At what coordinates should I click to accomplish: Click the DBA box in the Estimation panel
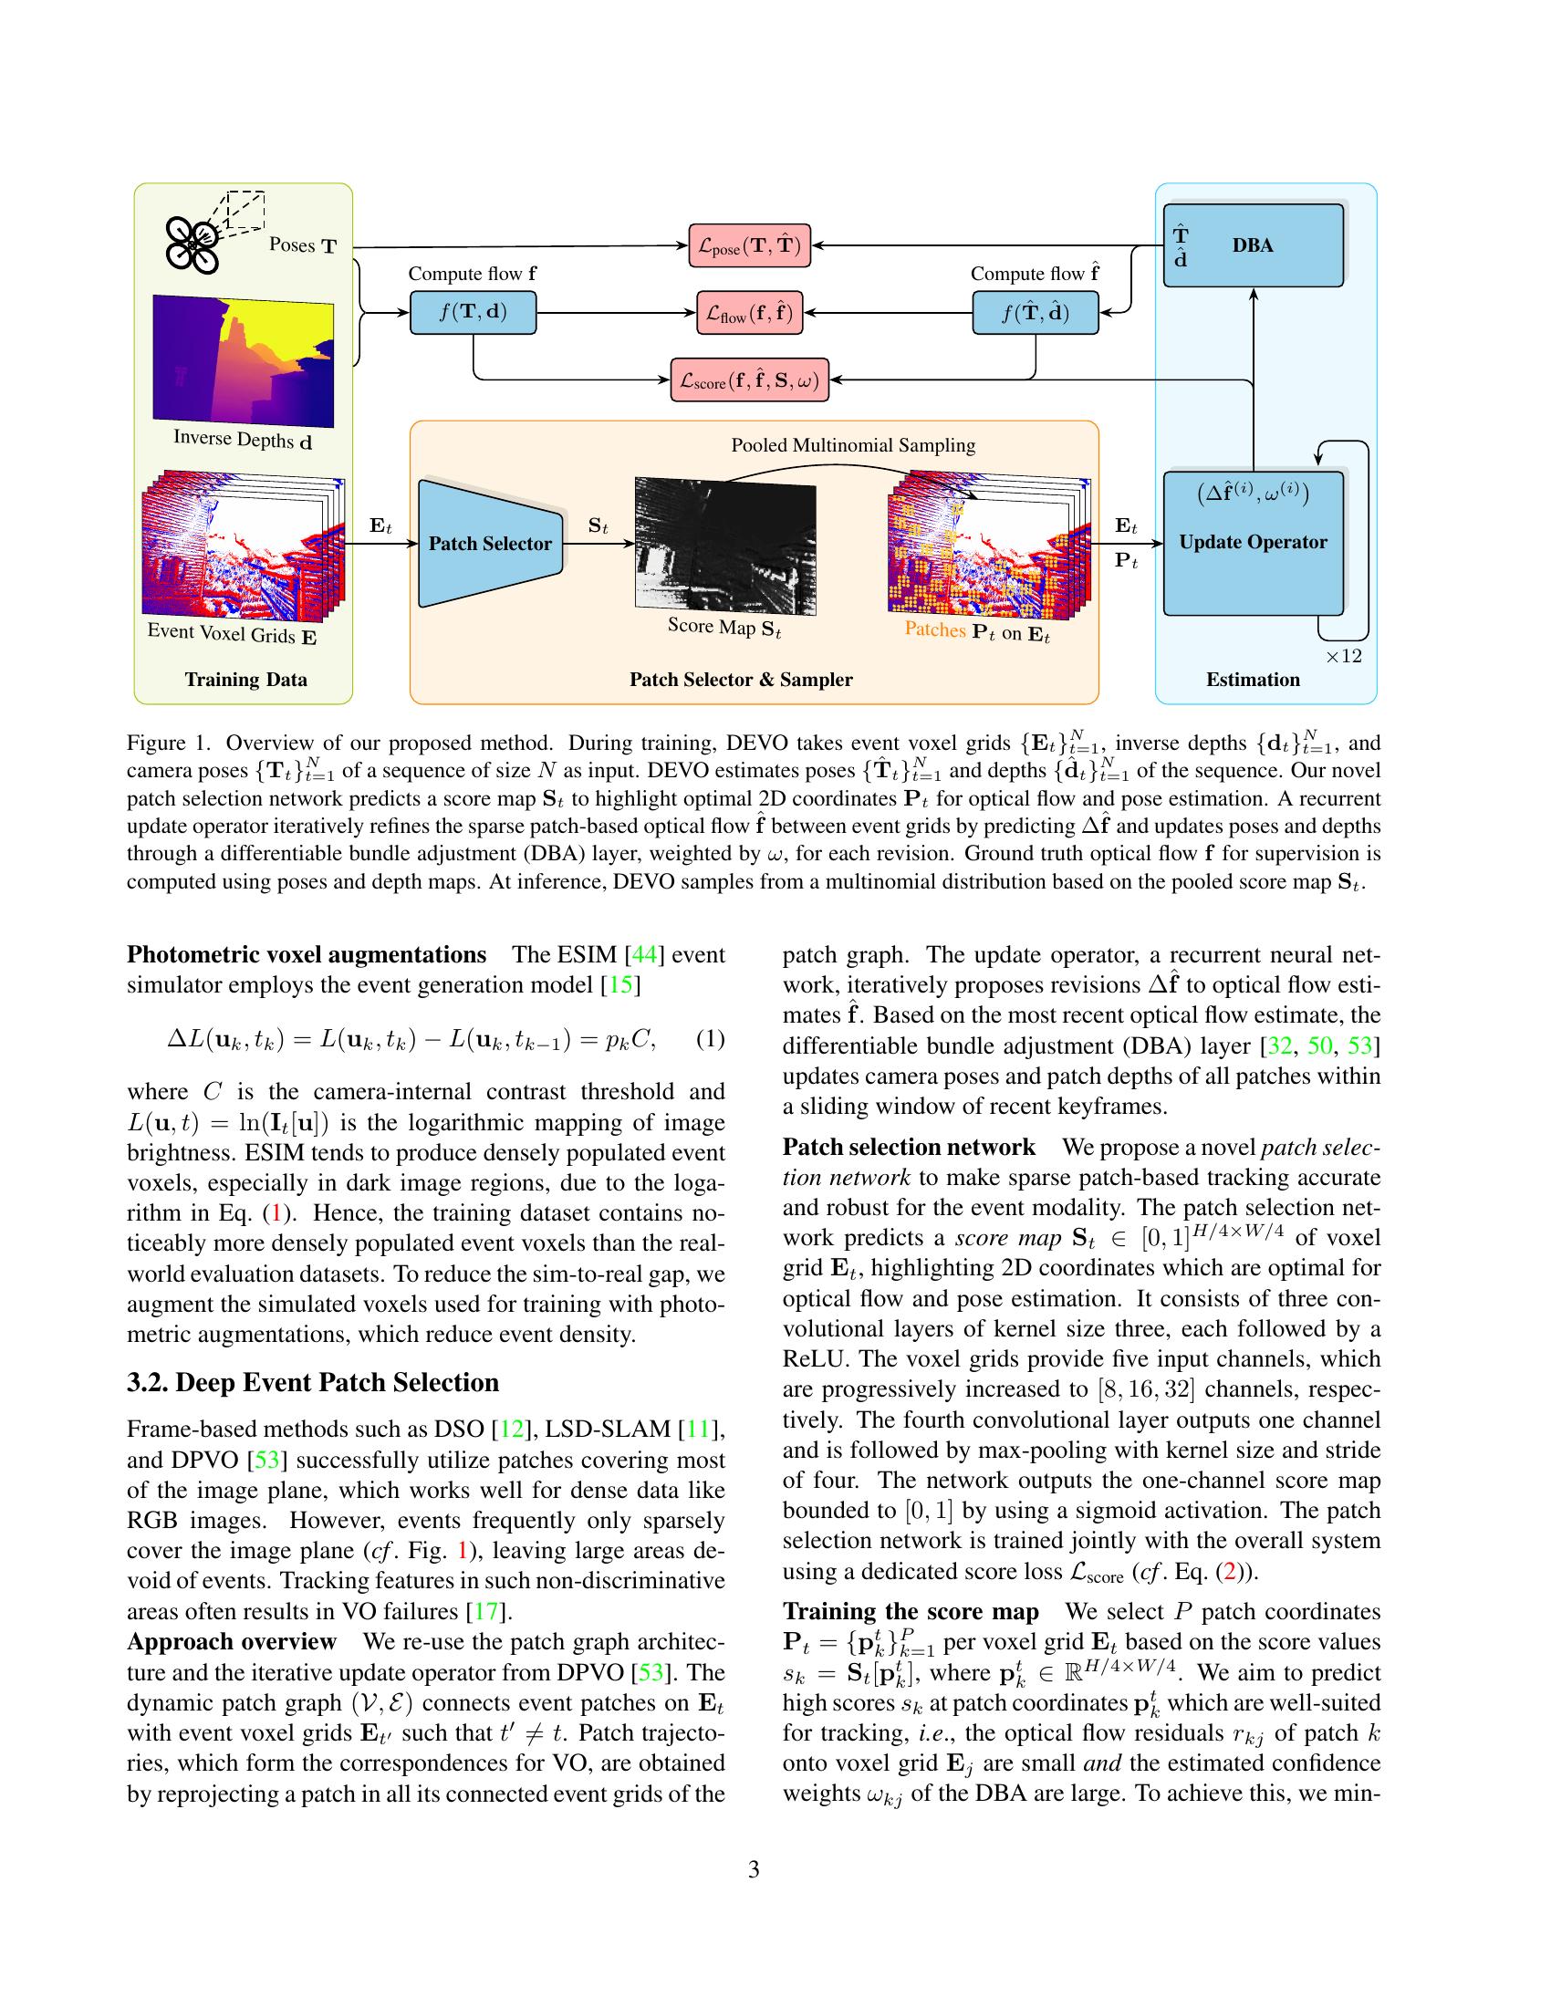click(x=1254, y=245)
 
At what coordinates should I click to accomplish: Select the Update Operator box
click(x=1254, y=542)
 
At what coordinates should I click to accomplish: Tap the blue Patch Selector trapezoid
click(x=491, y=543)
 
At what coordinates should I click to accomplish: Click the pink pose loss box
click(x=750, y=245)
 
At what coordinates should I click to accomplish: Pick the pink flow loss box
click(x=750, y=313)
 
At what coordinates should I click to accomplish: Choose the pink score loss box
click(x=750, y=380)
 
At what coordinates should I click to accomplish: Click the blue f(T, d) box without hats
click(x=474, y=312)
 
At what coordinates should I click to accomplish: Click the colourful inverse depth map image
click(x=243, y=360)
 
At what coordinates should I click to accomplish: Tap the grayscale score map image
click(x=725, y=546)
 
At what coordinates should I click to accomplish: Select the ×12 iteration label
click(x=1343, y=656)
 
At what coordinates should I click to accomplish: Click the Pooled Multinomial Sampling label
click(x=853, y=446)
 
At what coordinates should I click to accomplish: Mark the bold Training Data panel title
click(x=245, y=680)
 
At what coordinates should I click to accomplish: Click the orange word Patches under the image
click(x=934, y=629)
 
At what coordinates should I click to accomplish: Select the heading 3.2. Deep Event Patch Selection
click(x=313, y=1382)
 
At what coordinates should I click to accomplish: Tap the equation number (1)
click(x=710, y=1039)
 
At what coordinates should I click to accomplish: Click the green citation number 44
click(x=643, y=954)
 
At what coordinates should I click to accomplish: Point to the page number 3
click(x=754, y=1869)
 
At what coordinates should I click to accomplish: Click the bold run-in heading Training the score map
click(x=911, y=1611)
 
